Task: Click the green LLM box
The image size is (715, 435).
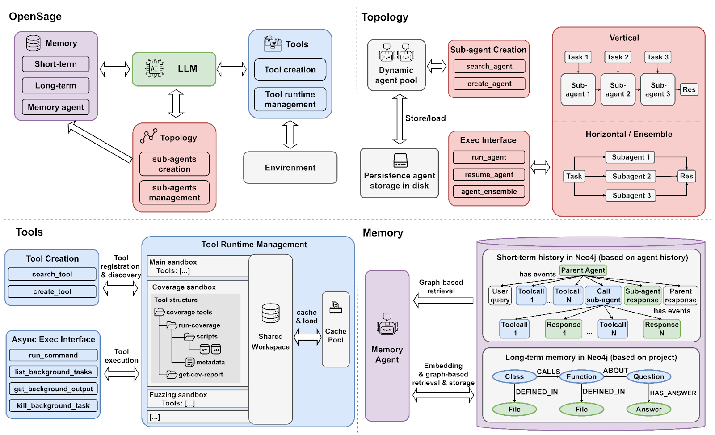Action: [x=174, y=69]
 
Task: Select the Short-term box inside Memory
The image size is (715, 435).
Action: [x=55, y=64]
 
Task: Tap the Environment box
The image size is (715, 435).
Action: [x=290, y=168]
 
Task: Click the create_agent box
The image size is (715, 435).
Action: [x=489, y=84]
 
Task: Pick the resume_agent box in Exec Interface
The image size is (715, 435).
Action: [x=489, y=175]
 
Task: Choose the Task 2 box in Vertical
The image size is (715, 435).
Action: [x=618, y=57]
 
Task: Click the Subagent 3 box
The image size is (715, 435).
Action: [x=631, y=195]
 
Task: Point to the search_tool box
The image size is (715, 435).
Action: [x=52, y=274]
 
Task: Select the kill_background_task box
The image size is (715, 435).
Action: [x=53, y=405]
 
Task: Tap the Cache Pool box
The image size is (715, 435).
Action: [x=336, y=329]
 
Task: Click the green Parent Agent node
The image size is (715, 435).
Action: [x=583, y=270]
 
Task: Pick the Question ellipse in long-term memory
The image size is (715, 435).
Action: [x=648, y=376]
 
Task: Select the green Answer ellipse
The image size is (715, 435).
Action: [x=648, y=409]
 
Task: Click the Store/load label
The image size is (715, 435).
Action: [x=425, y=118]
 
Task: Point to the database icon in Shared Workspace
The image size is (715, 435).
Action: [x=271, y=313]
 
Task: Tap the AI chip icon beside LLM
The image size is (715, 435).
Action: [x=155, y=68]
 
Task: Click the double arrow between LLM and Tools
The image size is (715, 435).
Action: [x=232, y=69]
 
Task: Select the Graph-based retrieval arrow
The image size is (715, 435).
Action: [x=443, y=300]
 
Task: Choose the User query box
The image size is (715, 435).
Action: [x=500, y=296]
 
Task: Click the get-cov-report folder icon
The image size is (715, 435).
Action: [x=172, y=374]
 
